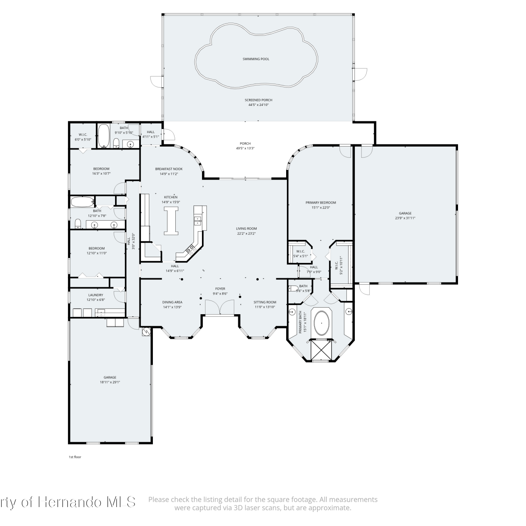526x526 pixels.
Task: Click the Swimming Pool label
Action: [x=256, y=59]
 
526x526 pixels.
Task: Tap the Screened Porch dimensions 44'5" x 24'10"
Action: [x=258, y=105]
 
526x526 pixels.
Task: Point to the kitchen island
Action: [x=171, y=221]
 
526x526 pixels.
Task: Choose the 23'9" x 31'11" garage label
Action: [x=405, y=216]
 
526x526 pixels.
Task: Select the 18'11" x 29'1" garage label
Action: [x=110, y=380]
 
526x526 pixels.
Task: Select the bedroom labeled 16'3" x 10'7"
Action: [x=101, y=171]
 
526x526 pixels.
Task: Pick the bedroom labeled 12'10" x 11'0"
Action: [x=97, y=251]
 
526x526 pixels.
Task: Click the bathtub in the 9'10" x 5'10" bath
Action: [x=103, y=136]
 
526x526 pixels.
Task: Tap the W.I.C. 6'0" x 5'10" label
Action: [x=83, y=137]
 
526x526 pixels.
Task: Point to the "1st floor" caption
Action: [x=75, y=457]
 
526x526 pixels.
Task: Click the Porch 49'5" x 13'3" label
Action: [x=245, y=146]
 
